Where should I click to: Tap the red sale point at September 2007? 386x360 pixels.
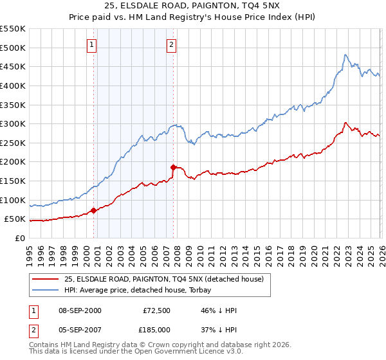173,167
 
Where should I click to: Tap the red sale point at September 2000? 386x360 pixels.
93,210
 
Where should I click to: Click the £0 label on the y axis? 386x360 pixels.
21,238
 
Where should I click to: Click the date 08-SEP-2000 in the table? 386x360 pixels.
79,310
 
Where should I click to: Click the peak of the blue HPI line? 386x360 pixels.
345,55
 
